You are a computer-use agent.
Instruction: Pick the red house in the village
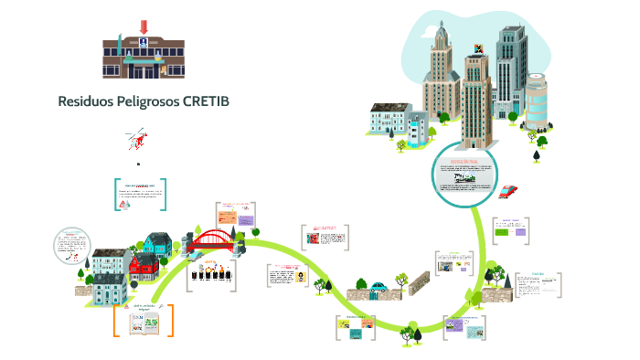[144, 266]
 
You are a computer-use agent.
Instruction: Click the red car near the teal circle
[508, 192]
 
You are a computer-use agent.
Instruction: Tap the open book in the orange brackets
[144, 321]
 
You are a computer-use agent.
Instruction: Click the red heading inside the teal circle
[464, 161]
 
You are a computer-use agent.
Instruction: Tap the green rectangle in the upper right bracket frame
[502, 233]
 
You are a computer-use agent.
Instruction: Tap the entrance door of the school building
[143, 69]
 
